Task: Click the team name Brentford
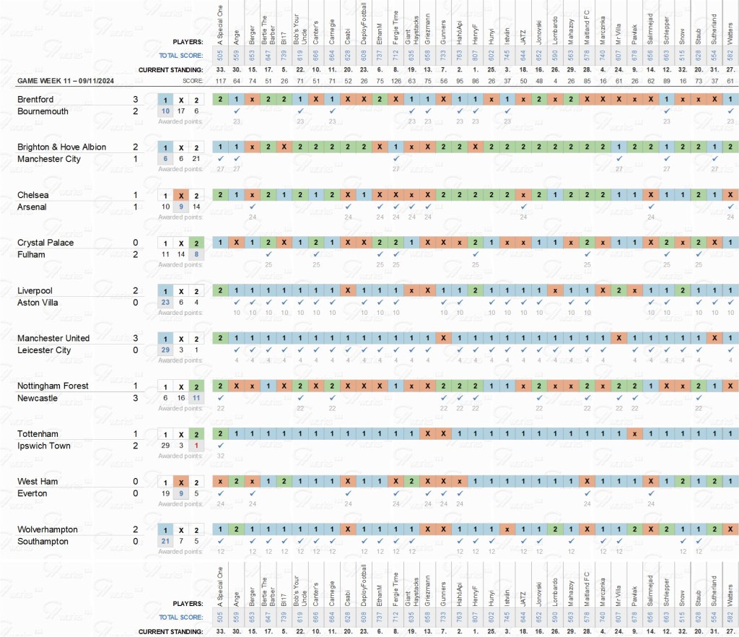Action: pos(35,99)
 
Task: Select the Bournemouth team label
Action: pos(43,111)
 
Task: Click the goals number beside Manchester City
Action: pos(135,159)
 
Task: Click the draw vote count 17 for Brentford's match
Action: pos(182,111)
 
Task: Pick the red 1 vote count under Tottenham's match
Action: pos(197,446)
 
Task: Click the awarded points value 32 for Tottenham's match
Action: pos(221,456)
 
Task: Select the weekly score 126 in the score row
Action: pos(395,81)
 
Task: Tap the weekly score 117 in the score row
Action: pos(221,81)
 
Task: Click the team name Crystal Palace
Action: pos(45,243)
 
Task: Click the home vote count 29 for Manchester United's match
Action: pos(166,350)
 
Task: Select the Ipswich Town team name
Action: pos(44,446)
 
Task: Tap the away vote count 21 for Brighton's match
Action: pos(197,159)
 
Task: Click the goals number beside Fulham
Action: pos(135,254)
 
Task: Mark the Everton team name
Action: pos(32,493)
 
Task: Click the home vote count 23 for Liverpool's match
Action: pos(166,303)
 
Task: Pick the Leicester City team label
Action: pos(44,350)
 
